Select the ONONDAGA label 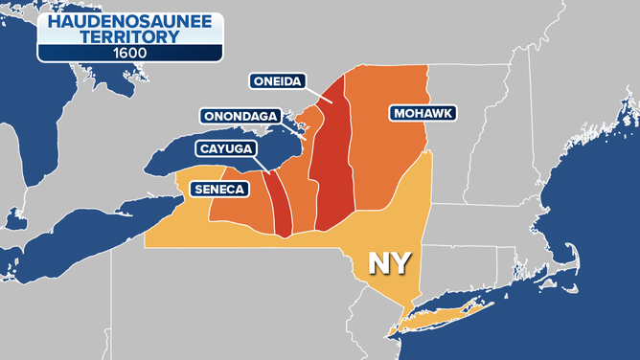pos(240,116)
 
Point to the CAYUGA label pos(227,148)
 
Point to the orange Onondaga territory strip pos(303,191)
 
